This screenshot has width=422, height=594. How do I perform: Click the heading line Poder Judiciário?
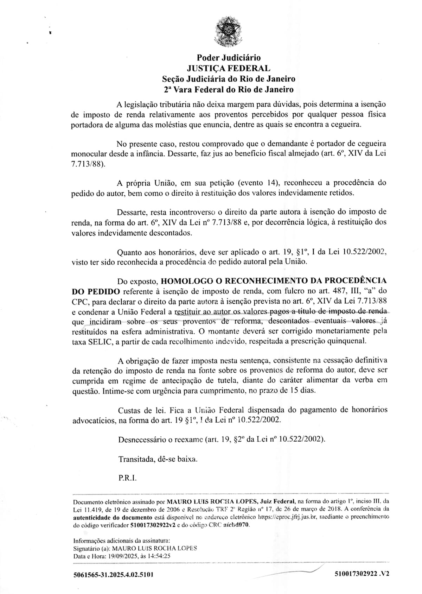click(229, 58)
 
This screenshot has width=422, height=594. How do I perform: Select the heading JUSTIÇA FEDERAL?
click(229, 68)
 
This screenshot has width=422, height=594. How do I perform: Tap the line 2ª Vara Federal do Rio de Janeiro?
click(229, 89)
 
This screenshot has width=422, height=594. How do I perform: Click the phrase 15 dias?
click(302, 390)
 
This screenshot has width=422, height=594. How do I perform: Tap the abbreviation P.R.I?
click(127, 478)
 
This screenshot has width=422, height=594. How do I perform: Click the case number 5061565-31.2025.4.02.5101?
click(113, 575)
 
